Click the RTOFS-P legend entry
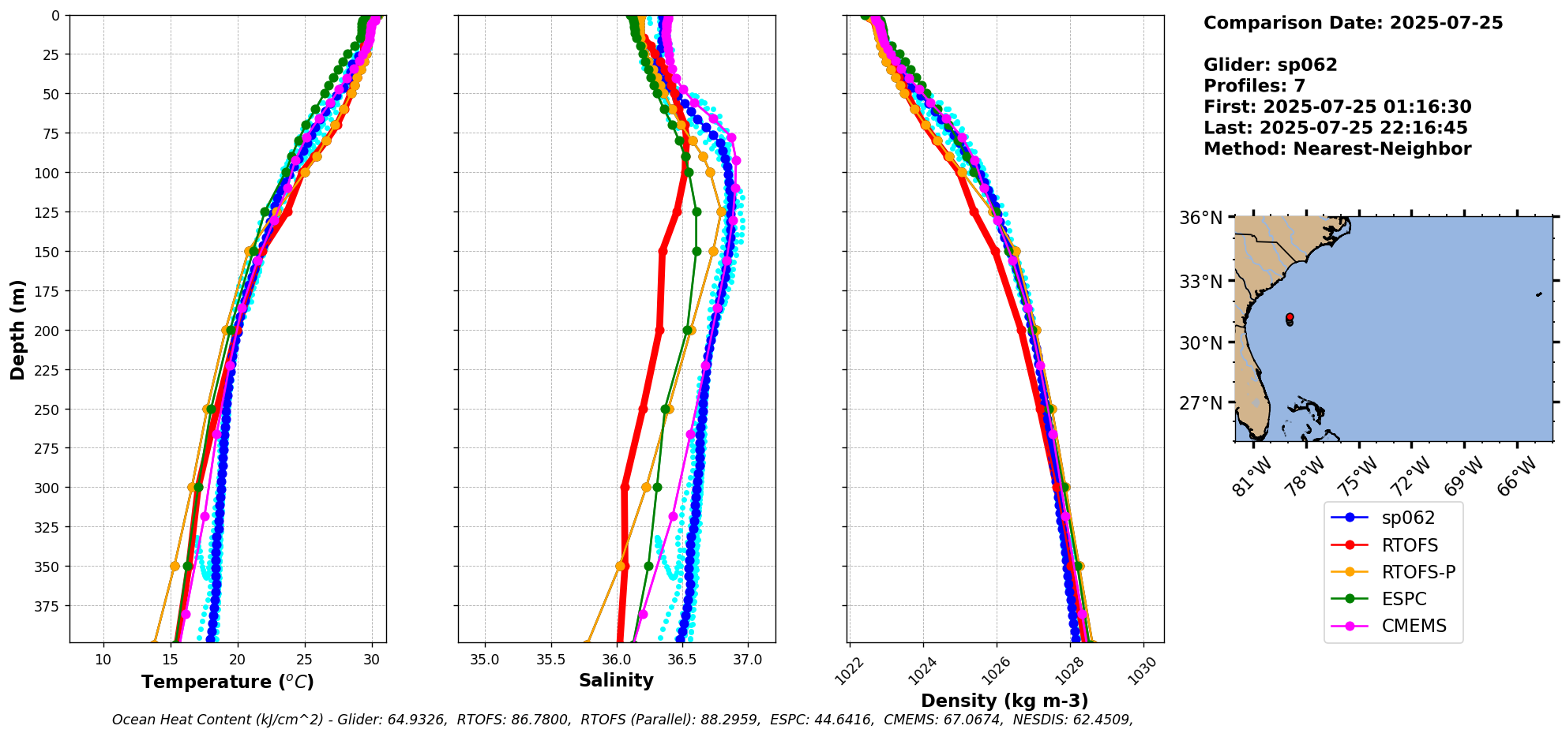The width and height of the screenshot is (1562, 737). pyautogui.click(x=1417, y=572)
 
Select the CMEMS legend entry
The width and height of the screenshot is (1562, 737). pyautogui.click(x=1414, y=626)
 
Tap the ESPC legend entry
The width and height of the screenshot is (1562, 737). pyautogui.click(x=1403, y=599)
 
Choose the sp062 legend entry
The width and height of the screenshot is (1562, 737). pyautogui.click(x=1408, y=518)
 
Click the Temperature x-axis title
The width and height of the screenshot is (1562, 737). pyautogui.click(x=227, y=682)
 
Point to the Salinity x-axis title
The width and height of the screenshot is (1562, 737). pyautogui.click(x=616, y=680)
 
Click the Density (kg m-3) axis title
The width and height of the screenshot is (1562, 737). pyautogui.click(x=1004, y=701)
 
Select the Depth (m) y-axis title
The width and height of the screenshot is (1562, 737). pyautogui.click(x=18, y=329)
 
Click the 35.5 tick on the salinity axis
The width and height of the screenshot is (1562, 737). pyautogui.click(x=550, y=660)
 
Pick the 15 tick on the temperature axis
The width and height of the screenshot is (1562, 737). pyautogui.click(x=171, y=660)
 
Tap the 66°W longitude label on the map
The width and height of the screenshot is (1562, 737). pyautogui.click(x=1517, y=475)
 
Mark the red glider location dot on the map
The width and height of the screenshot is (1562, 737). pyautogui.click(x=1290, y=317)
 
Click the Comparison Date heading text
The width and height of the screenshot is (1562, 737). pyautogui.click(x=1353, y=23)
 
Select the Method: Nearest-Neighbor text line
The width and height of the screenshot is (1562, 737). pyautogui.click(x=1337, y=149)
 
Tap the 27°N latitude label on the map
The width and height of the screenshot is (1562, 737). pyautogui.click(x=1200, y=403)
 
